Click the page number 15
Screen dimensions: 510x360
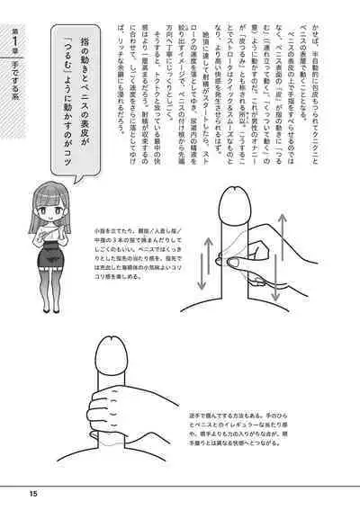[32, 491]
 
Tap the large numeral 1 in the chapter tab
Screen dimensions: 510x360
[15, 45]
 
